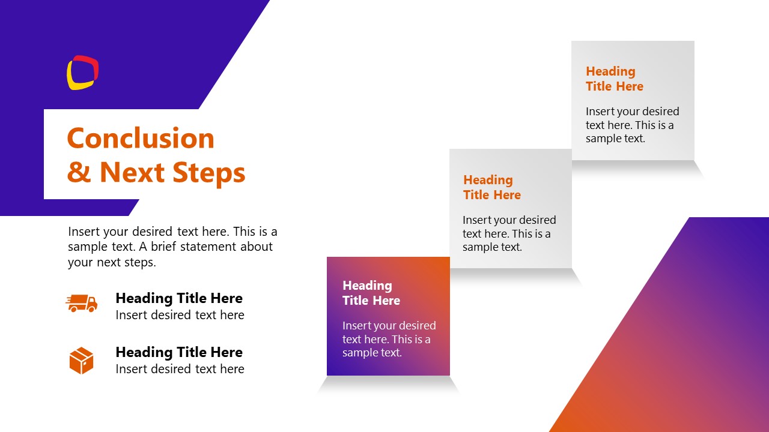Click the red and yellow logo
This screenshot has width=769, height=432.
pyautogui.click(x=82, y=73)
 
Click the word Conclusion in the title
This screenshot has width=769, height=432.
pyautogui.click(x=141, y=139)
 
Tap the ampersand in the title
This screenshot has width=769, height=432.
pyautogui.click(x=78, y=173)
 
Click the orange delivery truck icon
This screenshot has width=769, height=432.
pyautogui.click(x=81, y=303)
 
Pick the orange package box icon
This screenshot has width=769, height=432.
pyautogui.click(x=81, y=361)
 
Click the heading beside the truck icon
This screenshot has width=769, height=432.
pyautogui.click(x=179, y=298)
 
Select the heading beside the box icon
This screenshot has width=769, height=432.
pyautogui.click(x=179, y=352)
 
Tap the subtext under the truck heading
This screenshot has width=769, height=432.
pyautogui.click(x=180, y=315)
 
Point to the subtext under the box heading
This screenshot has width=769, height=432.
pyautogui.click(x=180, y=369)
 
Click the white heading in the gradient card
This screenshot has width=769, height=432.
pyautogui.click(x=371, y=293)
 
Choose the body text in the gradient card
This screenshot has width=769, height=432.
pyautogui.click(x=389, y=339)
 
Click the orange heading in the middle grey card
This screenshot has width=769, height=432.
pyautogui.click(x=491, y=187)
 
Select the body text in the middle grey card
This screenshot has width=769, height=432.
pyautogui.click(x=509, y=233)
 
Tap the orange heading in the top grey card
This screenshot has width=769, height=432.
pyautogui.click(x=614, y=79)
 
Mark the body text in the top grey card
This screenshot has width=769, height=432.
pyautogui.click(x=632, y=125)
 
